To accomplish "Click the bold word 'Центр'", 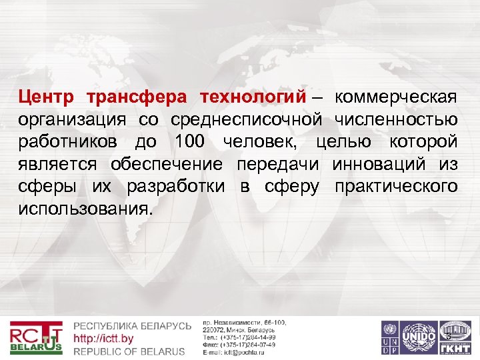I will point(47,98).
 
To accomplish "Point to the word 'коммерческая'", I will point(396,98).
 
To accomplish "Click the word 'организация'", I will point(72,120).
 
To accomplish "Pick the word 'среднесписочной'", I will point(247,120).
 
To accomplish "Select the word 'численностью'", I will point(395,120).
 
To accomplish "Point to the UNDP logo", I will point(389,337).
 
